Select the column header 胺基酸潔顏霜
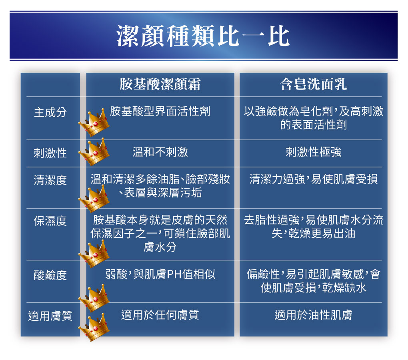(x=160, y=85)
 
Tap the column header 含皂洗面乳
(x=313, y=85)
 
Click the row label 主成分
(x=50, y=112)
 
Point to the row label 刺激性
(x=50, y=153)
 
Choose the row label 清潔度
(x=50, y=180)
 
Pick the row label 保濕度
(x=50, y=221)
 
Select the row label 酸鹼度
(x=50, y=275)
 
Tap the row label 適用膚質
(x=50, y=316)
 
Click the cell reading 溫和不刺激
(x=160, y=152)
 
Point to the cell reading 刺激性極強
(x=313, y=152)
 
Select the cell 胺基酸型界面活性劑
(x=160, y=111)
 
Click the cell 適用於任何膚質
(x=160, y=315)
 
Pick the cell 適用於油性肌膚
(x=313, y=315)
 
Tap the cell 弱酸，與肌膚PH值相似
(x=160, y=274)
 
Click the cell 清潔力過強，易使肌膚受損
(x=313, y=179)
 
